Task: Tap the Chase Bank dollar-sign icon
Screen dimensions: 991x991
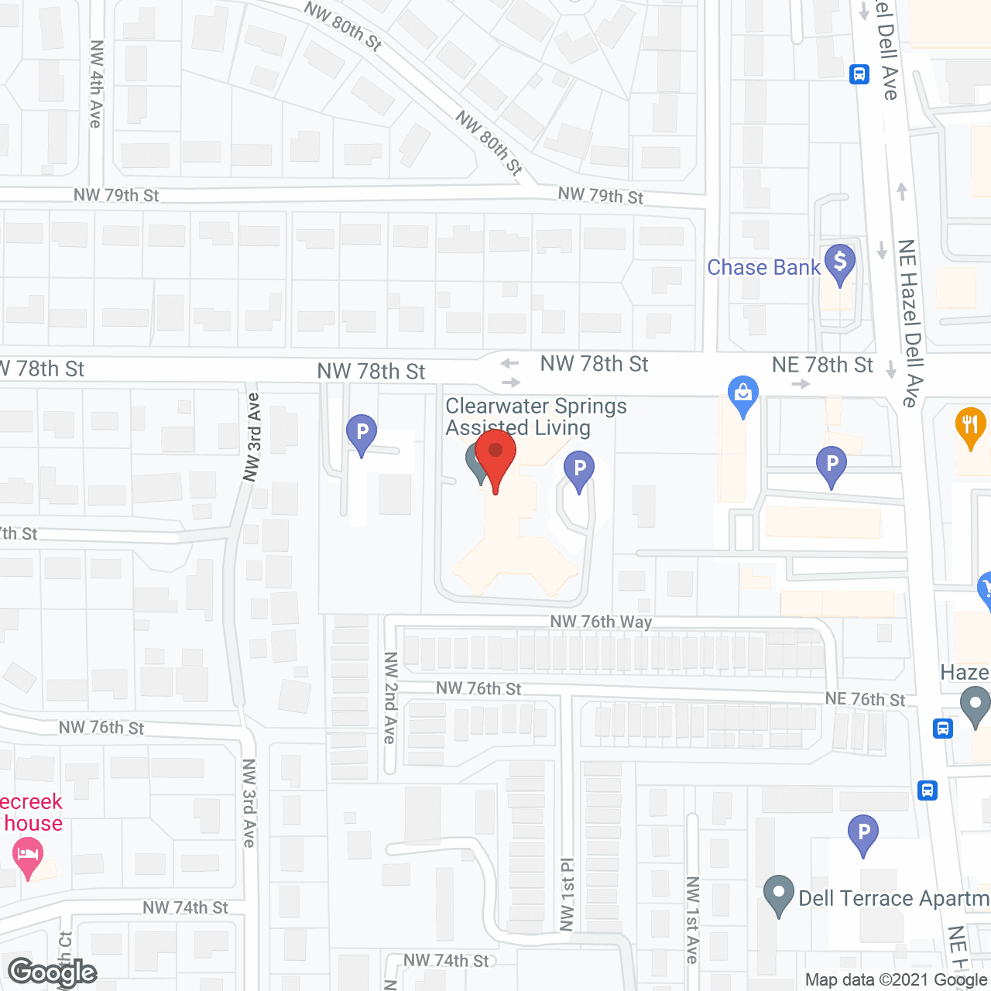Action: tap(840, 262)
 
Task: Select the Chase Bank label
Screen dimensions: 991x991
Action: tap(763, 268)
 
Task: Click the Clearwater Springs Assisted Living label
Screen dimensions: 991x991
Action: tap(536, 417)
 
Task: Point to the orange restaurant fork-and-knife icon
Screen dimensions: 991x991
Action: tap(970, 426)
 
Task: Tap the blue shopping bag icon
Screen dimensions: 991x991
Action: tap(743, 393)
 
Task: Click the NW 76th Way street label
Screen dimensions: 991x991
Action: tap(601, 622)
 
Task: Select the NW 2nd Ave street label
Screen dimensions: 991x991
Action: tap(390, 698)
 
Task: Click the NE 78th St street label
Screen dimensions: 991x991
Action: tap(822, 365)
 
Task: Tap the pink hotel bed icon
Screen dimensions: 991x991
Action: tap(28, 857)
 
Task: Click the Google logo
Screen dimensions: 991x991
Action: tap(52, 972)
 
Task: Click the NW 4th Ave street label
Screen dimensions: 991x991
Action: tap(96, 84)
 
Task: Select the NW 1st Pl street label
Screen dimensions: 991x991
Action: tap(568, 894)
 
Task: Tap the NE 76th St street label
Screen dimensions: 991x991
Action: tap(865, 699)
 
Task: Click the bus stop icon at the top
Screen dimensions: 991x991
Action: tap(859, 74)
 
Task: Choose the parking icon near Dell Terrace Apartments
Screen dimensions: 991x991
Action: tap(863, 833)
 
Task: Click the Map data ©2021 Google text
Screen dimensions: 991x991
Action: tap(896, 980)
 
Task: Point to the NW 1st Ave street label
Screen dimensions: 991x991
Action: tap(693, 920)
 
